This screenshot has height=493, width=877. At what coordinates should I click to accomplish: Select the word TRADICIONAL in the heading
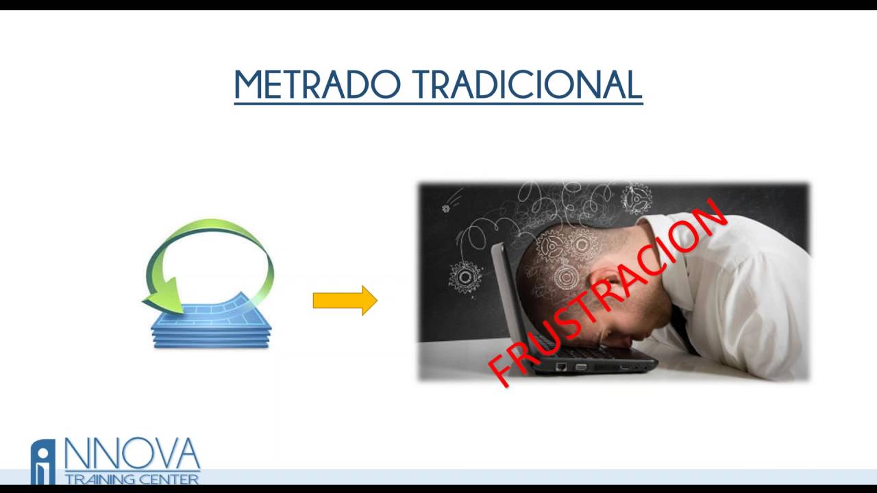[528, 85]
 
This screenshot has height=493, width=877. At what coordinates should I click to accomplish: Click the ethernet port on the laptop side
[561, 366]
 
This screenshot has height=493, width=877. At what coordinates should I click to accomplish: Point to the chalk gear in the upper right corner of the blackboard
[636, 198]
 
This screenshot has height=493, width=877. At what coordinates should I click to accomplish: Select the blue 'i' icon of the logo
[43, 462]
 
